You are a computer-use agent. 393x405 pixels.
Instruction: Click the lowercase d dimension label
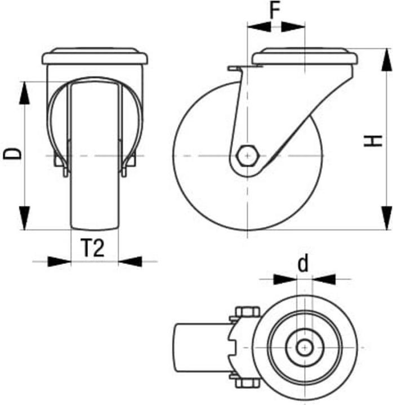(303, 263)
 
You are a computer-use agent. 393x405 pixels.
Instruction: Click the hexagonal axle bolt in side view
(248, 155)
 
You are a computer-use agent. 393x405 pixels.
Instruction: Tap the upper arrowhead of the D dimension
(24, 93)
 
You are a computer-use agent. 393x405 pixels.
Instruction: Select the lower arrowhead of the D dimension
(24, 217)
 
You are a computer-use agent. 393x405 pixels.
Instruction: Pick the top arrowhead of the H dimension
(386, 59)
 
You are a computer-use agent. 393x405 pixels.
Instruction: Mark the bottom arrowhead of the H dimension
(386, 218)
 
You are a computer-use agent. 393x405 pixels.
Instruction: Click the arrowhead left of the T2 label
(59, 261)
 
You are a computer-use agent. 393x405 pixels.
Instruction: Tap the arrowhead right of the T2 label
(131, 261)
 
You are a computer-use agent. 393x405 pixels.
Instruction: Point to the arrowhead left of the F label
(258, 26)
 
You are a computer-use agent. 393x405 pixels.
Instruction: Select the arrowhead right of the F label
(293, 26)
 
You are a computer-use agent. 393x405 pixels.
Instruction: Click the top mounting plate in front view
(95, 58)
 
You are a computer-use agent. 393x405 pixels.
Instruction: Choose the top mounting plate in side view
(305, 58)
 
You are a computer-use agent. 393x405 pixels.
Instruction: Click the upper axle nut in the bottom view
(247, 313)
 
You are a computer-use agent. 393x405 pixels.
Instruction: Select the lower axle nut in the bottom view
(247, 383)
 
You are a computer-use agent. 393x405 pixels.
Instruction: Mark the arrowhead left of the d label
(284, 278)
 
